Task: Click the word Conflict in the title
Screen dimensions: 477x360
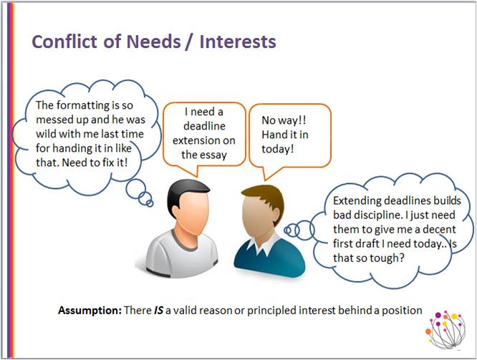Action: click(65, 41)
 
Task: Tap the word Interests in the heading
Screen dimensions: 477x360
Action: click(238, 42)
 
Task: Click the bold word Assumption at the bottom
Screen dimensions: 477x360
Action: click(90, 311)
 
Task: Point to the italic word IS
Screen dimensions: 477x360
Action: click(159, 311)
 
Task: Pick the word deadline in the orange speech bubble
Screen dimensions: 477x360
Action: click(204, 126)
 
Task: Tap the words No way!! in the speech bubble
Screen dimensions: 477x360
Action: click(284, 120)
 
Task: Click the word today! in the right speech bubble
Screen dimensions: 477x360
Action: click(278, 149)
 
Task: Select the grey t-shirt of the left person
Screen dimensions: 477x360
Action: click(182, 253)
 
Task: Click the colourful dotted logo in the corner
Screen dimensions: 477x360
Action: click(445, 330)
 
